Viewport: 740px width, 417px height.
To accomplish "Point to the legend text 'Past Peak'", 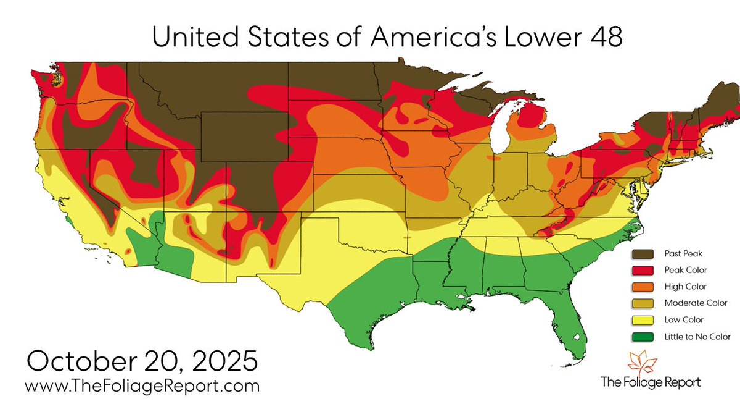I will tap(683, 253).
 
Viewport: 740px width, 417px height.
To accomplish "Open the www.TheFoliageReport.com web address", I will tap(142, 387).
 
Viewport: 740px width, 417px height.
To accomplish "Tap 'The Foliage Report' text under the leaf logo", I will tap(651, 382).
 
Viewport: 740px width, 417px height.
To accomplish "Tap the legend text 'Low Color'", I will tap(684, 320).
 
